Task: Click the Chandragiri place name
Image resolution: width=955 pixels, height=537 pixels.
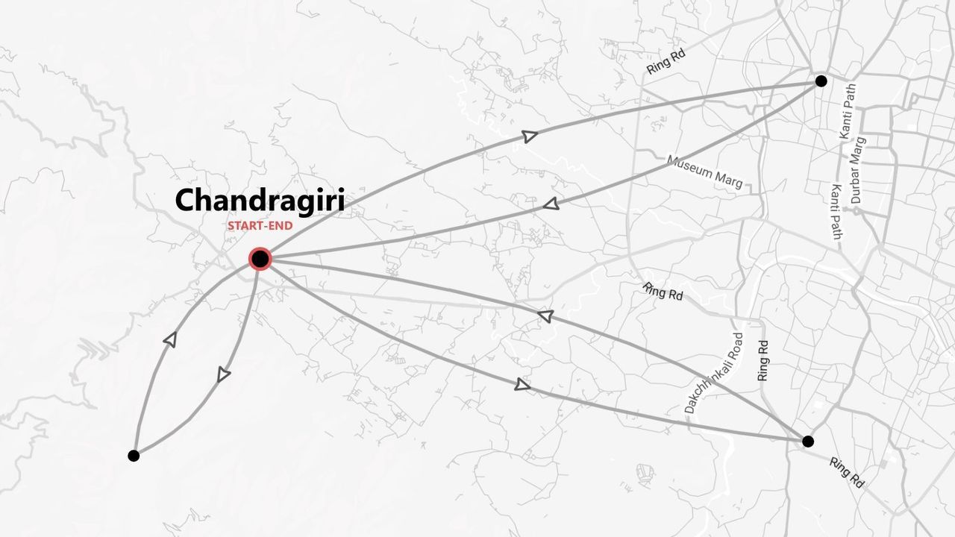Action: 259,201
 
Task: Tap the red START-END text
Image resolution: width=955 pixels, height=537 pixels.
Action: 260,225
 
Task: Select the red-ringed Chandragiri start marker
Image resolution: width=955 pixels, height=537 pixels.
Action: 260,259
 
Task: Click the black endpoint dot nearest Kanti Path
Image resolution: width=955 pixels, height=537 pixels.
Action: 821,81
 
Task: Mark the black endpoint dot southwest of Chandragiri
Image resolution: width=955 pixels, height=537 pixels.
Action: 134,455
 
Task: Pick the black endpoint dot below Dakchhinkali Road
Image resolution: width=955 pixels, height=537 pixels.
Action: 807,442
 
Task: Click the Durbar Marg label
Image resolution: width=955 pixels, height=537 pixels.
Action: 859,170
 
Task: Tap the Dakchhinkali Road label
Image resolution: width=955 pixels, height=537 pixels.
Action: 715,373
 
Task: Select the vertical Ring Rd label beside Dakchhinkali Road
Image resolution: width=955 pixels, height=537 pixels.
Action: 763,361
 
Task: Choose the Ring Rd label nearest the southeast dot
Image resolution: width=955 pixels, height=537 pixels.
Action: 846,473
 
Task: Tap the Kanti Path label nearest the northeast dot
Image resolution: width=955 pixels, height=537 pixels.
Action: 848,110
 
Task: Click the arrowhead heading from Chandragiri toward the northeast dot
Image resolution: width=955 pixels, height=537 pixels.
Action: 529,136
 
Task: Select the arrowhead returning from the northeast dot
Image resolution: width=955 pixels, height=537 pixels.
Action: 551,204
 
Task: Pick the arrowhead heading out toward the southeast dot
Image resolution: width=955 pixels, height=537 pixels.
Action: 522,385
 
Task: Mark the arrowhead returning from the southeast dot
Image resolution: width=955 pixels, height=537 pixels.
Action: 545,316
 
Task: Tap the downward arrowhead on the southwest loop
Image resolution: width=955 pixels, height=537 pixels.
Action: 223,375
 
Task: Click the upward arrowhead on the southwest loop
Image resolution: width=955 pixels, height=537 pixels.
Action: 170,339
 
